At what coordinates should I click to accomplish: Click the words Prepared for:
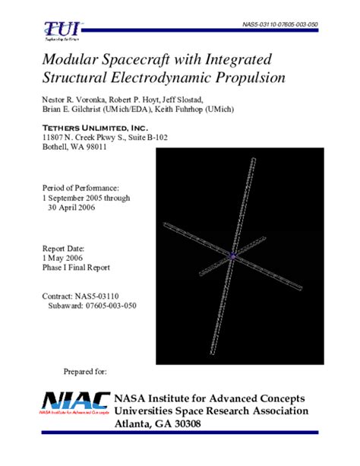tap(86, 372)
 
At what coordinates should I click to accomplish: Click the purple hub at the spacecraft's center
tap(234, 256)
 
